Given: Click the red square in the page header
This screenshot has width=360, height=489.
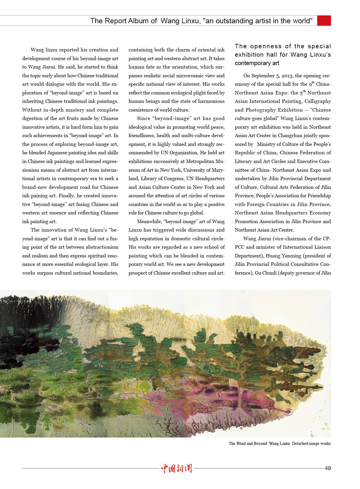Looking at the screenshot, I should click(324, 21).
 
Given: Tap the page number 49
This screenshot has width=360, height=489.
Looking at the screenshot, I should click(327, 468).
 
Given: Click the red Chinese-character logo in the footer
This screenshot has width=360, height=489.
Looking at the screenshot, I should click(177, 468).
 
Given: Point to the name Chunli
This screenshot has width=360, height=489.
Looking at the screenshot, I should click(269, 273).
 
